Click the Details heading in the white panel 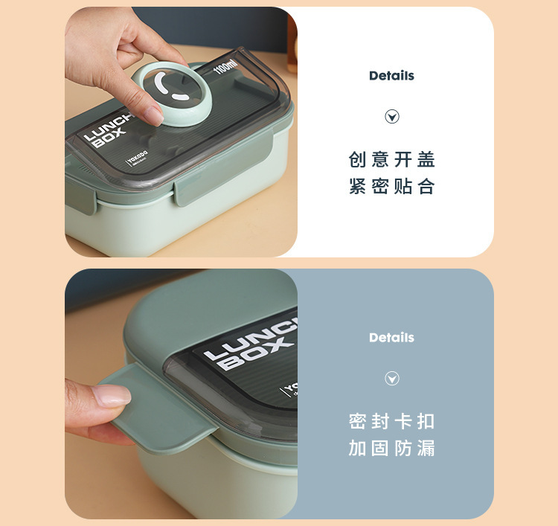tap(391, 76)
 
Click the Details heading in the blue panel tap(391, 338)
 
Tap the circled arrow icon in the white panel tap(392, 117)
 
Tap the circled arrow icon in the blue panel tap(392, 379)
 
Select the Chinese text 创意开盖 tap(391, 160)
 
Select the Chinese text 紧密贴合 tap(391, 187)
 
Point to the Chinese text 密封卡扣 tap(391, 422)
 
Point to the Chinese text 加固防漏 tap(391, 449)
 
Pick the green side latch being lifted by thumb tap(160, 409)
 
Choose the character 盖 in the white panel tap(426, 160)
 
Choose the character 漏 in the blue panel tap(426, 449)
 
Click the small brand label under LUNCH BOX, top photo tap(138, 158)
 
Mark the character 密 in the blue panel tap(358, 422)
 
